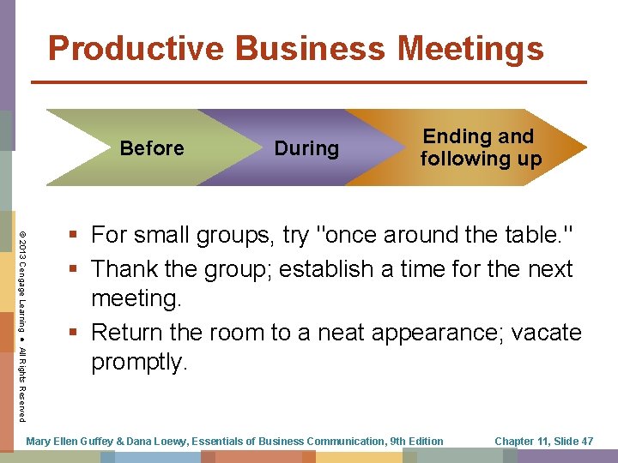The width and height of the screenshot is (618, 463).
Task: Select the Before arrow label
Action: (x=152, y=148)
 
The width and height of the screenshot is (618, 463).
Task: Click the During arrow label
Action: (x=306, y=148)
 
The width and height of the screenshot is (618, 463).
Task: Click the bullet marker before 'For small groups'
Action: (x=76, y=234)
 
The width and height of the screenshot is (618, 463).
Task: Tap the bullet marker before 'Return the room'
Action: (x=76, y=331)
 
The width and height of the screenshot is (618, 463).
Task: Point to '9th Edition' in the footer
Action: (x=416, y=442)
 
